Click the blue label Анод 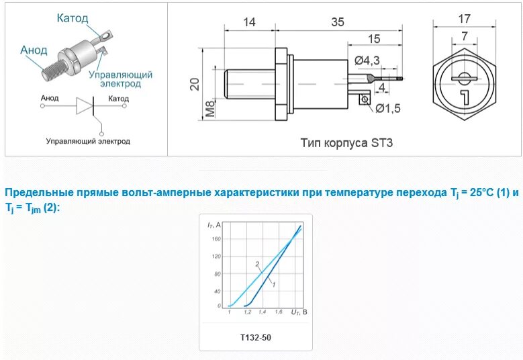34,50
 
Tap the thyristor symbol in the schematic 85,106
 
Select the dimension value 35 337,22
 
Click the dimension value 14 248,22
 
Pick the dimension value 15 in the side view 374,38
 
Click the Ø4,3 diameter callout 367,60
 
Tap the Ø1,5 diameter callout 387,108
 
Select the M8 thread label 210,108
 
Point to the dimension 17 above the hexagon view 464,18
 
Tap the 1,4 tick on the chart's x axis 260,312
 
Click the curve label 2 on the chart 256,264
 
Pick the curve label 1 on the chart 273,285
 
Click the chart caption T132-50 255,336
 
